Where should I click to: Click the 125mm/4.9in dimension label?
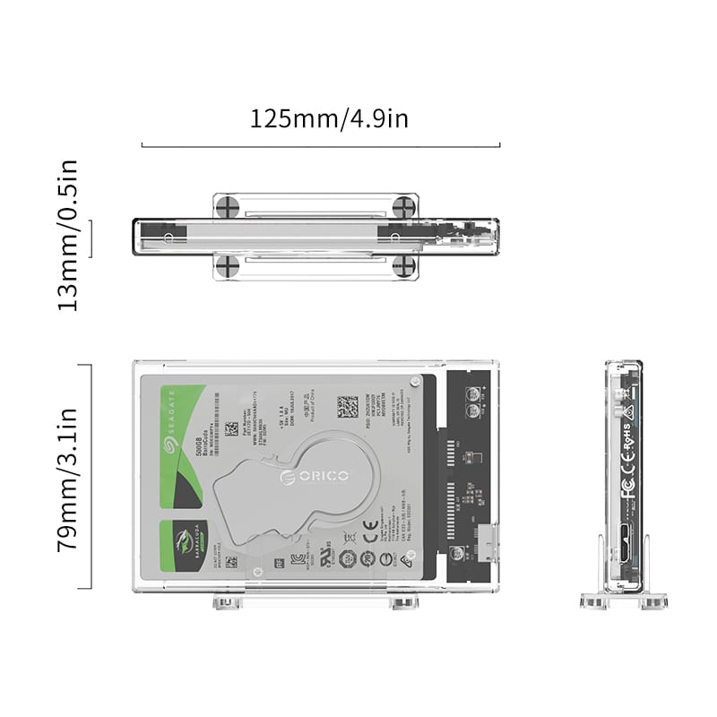click(x=329, y=118)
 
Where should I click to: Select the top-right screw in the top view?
click(x=405, y=206)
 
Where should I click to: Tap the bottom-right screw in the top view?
click(x=405, y=265)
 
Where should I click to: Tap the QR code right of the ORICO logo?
click(x=348, y=408)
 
